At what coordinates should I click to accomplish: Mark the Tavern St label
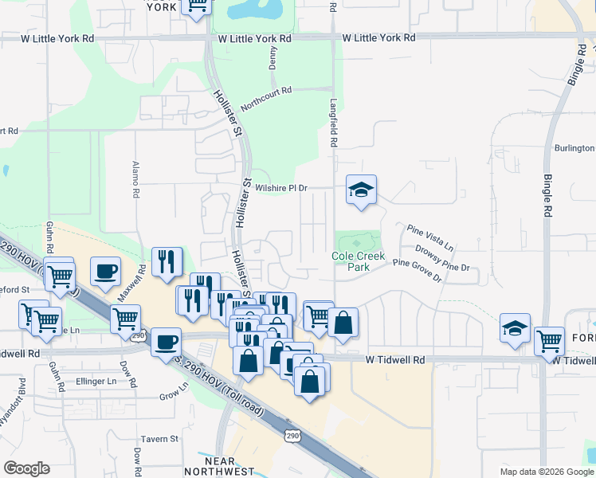pos(160,439)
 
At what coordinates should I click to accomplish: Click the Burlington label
pos(574,148)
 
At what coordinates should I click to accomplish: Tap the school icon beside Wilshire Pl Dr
pos(361,190)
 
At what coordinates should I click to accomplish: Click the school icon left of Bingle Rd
pos(516,328)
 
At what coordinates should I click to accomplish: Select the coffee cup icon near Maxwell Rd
pos(106,271)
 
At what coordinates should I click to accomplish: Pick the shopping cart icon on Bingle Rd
pos(549,341)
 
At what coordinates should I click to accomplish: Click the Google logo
pos(26,468)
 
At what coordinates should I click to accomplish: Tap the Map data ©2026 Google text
pos(546,472)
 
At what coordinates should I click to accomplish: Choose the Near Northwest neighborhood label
pos(220,466)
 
